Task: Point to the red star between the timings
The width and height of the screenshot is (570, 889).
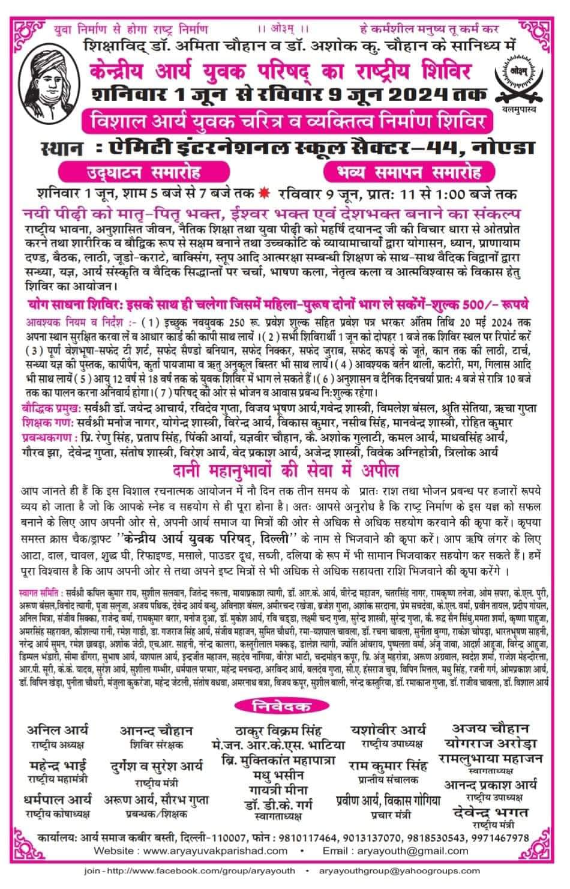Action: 263,194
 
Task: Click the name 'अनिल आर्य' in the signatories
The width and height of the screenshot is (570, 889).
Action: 58,731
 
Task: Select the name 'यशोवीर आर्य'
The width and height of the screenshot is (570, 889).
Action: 388,730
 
